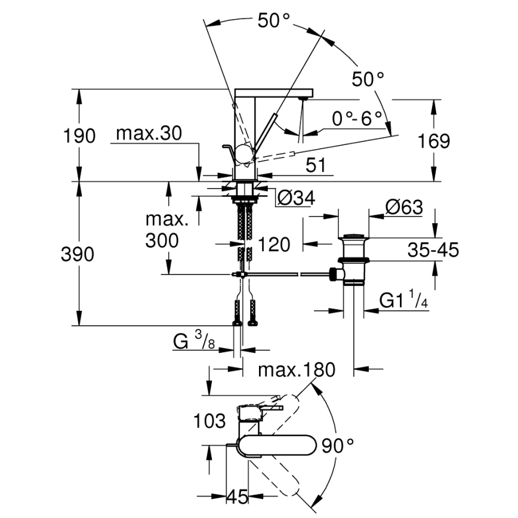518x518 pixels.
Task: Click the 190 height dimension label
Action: pyautogui.click(x=79, y=136)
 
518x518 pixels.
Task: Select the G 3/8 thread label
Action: pyautogui.click(x=193, y=341)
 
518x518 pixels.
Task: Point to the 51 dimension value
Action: pyautogui.click(x=318, y=165)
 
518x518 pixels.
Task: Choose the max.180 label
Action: pyautogui.click(x=296, y=369)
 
